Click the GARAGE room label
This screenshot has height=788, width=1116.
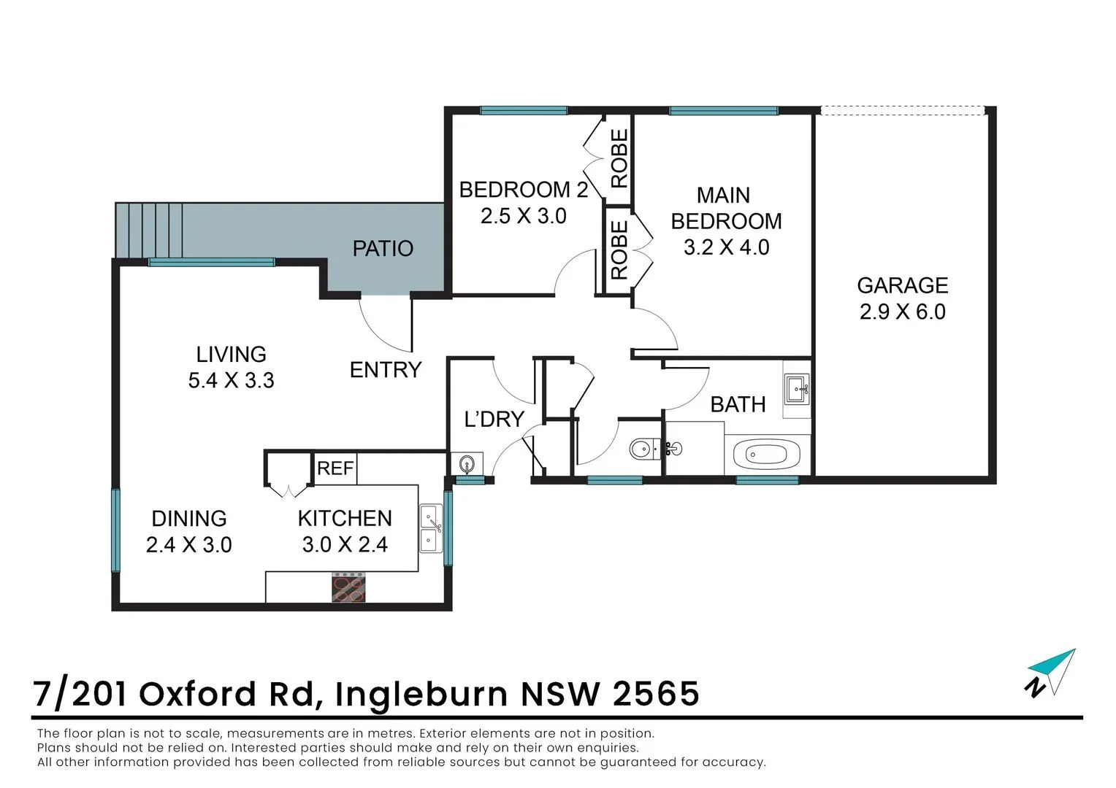[x=902, y=285]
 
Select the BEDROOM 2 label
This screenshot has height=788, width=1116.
[x=523, y=190]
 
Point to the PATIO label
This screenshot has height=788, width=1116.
[x=383, y=249]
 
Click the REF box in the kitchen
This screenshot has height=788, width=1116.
[x=335, y=468]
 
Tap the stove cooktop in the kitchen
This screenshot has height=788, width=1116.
[x=348, y=588]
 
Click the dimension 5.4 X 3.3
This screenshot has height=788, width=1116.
[x=231, y=381]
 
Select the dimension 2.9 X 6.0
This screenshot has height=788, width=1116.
[x=902, y=312]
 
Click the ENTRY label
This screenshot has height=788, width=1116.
[x=385, y=370]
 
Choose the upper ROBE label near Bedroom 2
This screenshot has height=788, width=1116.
[x=619, y=158]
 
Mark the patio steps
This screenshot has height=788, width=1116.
[x=149, y=230]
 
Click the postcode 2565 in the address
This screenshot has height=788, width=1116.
[x=656, y=694]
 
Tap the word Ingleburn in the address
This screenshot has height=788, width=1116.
[x=421, y=694]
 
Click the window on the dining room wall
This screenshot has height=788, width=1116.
[x=115, y=530]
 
